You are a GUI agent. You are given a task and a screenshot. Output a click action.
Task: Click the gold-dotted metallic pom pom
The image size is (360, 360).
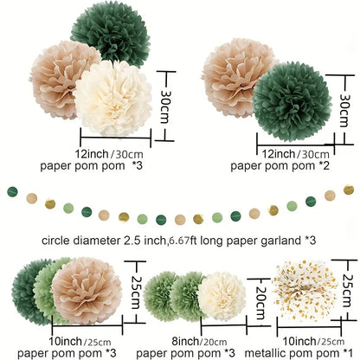[305, 291]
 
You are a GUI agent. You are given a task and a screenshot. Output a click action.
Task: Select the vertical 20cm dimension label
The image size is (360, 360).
[260, 303]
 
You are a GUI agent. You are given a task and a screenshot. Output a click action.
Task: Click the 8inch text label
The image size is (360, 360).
[184, 341]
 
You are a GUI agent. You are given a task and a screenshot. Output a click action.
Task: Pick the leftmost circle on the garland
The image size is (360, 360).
[12, 191]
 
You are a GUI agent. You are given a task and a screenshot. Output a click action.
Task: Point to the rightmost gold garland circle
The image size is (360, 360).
[349, 190]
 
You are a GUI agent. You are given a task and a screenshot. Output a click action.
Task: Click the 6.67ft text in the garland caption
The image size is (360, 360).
[179, 241]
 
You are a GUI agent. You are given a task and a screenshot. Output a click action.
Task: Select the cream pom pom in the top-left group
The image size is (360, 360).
[113, 98]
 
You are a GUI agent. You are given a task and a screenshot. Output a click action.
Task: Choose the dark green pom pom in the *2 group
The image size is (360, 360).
[292, 101]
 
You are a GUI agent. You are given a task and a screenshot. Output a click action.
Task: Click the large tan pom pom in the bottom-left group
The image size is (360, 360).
[87, 291]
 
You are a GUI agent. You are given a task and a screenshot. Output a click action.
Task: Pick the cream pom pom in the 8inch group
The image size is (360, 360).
[222, 296]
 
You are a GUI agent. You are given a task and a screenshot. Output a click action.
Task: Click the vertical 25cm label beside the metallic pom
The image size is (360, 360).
[347, 290]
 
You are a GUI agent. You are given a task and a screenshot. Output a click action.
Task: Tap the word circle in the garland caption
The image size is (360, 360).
[55, 241]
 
